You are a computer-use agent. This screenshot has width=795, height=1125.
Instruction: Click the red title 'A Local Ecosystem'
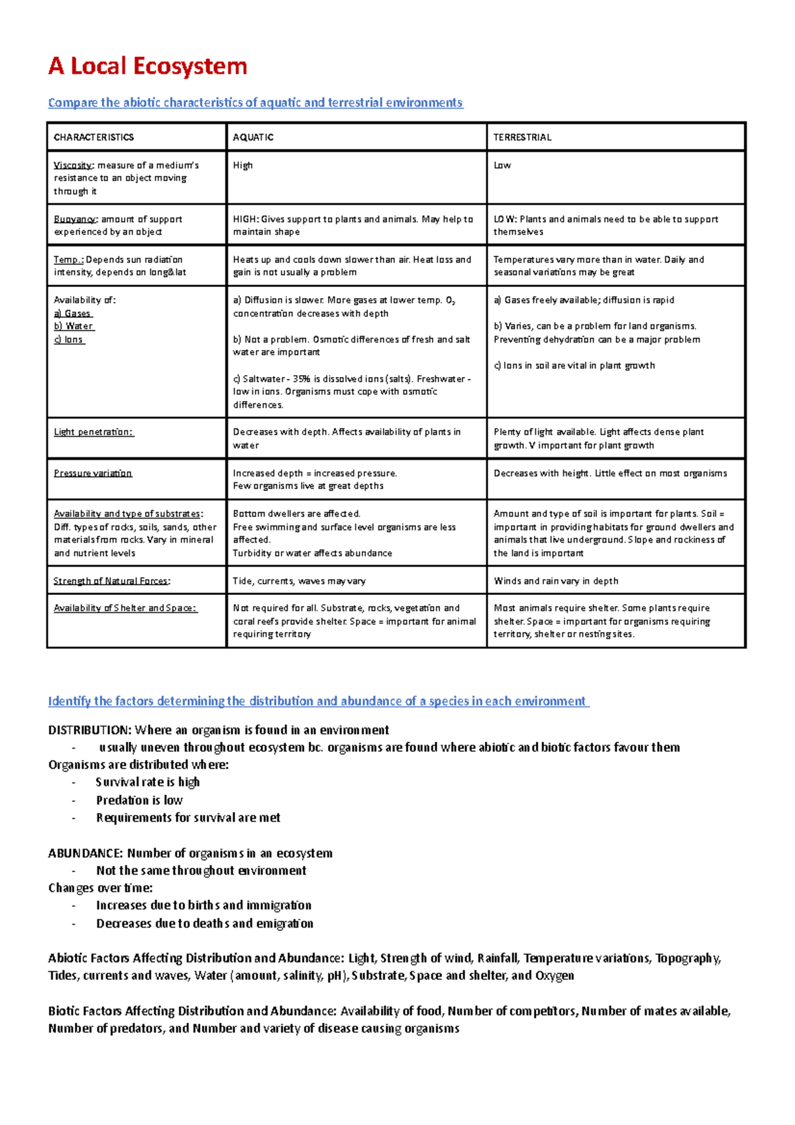[148, 66]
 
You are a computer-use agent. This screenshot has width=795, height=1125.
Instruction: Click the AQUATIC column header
[253, 137]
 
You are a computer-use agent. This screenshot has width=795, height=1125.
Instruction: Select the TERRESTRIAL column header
[522, 137]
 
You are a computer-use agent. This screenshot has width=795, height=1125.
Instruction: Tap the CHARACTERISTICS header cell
[93, 137]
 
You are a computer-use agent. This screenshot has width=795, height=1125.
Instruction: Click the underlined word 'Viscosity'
[73, 165]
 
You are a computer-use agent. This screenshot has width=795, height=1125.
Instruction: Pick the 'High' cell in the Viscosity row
[242, 165]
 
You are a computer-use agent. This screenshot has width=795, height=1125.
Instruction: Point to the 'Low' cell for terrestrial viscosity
[502, 165]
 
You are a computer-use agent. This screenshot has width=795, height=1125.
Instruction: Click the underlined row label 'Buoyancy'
[75, 219]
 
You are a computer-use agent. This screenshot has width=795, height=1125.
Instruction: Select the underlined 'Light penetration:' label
[93, 432]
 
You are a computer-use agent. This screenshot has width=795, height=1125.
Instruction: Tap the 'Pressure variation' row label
[93, 473]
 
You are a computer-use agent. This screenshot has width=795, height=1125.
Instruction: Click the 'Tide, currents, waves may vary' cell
[299, 581]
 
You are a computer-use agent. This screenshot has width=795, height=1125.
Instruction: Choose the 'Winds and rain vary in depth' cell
[556, 581]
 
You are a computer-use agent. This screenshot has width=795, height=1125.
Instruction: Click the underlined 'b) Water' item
[74, 326]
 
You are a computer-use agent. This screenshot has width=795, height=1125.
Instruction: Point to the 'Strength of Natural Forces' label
[111, 581]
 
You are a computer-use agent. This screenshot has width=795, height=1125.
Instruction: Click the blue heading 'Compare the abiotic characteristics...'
[255, 103]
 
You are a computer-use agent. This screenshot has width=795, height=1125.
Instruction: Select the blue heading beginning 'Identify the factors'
[317, 701]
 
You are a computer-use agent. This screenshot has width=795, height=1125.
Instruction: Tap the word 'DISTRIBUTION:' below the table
[89, 730]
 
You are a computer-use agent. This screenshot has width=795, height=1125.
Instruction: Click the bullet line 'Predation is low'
[139, 800]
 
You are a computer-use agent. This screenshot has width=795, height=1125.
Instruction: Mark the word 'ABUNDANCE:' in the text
[85, 853]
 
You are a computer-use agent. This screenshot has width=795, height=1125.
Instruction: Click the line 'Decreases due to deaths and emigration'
[205, 924]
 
